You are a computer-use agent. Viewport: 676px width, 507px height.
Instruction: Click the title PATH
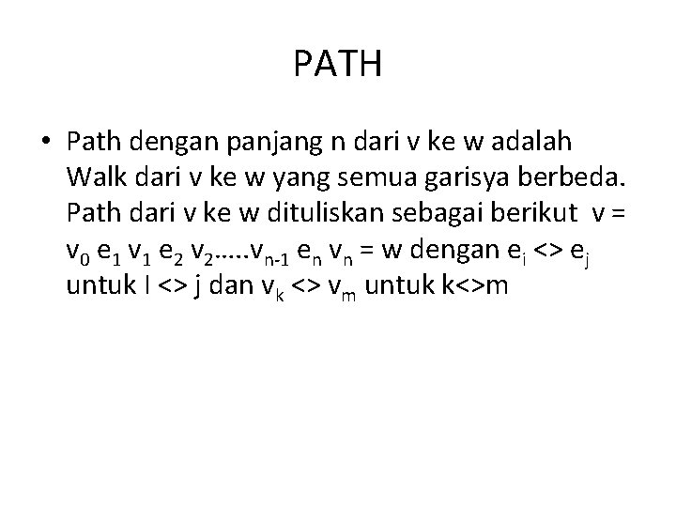tap(337, 65)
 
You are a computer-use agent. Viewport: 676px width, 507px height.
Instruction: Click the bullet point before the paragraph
tap(46, 142)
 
